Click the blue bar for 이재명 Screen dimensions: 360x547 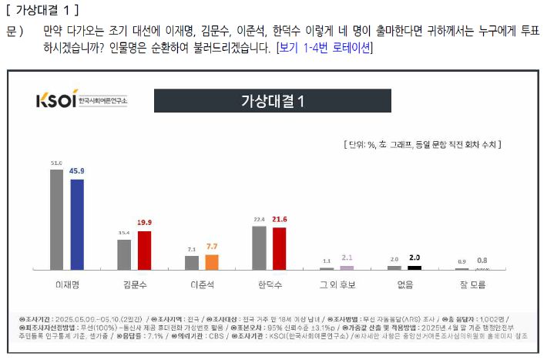coord(76,224)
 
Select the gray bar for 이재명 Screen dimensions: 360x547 coord(56,219)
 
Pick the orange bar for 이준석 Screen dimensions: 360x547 coord(212,261)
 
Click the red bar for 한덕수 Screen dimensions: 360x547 coord(279,247)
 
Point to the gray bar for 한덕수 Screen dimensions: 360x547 coord(259,247)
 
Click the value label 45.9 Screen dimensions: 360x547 coord(77,171)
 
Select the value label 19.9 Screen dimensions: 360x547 coord(145,223)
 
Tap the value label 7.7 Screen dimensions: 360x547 coord(212,247)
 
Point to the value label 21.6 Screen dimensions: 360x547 coord(280,220)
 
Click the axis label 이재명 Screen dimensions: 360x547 coord(67,284)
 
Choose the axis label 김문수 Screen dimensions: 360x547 coord(134,284)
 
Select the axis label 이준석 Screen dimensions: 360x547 coord(202,284)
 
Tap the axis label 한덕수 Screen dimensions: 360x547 coord(269,284)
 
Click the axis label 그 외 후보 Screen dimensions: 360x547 coord(337,284)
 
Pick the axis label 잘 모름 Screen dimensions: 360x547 coord(472,284)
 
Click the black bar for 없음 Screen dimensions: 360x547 coord(414,267)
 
